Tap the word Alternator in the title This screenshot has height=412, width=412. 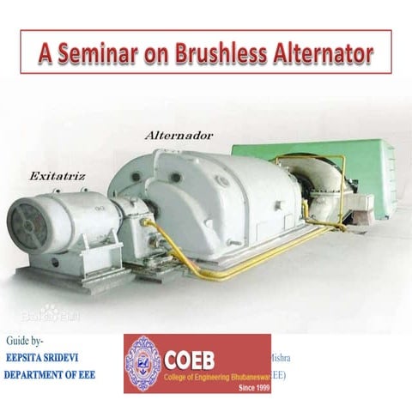321,53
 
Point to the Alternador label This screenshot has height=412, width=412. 179,136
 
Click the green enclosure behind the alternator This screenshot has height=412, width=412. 343,163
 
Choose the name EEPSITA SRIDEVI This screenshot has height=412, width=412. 49,360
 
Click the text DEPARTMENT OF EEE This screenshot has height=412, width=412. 50,374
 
